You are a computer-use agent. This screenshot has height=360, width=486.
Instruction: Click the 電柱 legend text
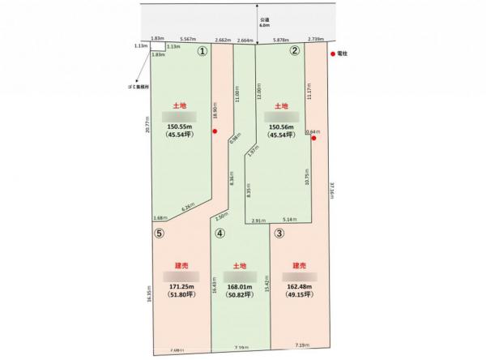349,56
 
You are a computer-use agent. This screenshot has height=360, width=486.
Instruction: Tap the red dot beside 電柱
334,56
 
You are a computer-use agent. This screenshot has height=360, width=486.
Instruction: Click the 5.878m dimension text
280,40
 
